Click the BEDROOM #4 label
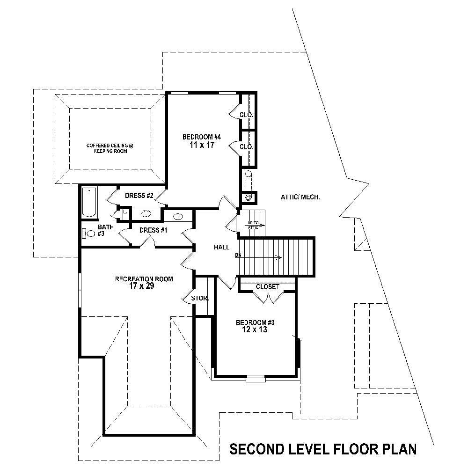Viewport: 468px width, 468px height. [x=201, y=137]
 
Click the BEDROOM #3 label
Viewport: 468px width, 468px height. [x=255, y=322]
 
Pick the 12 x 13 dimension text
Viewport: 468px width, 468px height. [x=255, y=330]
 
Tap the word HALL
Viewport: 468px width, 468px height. [x=221, y=247]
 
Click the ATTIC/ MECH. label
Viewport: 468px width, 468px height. [x=300, y=197]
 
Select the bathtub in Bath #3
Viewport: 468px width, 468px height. [x=89, y=202]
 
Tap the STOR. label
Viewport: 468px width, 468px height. [x=199, y=298]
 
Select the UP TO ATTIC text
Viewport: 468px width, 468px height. [x=253, y=225]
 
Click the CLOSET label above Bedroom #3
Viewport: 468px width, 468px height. [x=267, y=286]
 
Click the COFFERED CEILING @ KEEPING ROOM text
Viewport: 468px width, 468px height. [x=110, y=148]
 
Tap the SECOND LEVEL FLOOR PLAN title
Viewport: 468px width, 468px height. [x=323, y=449]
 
